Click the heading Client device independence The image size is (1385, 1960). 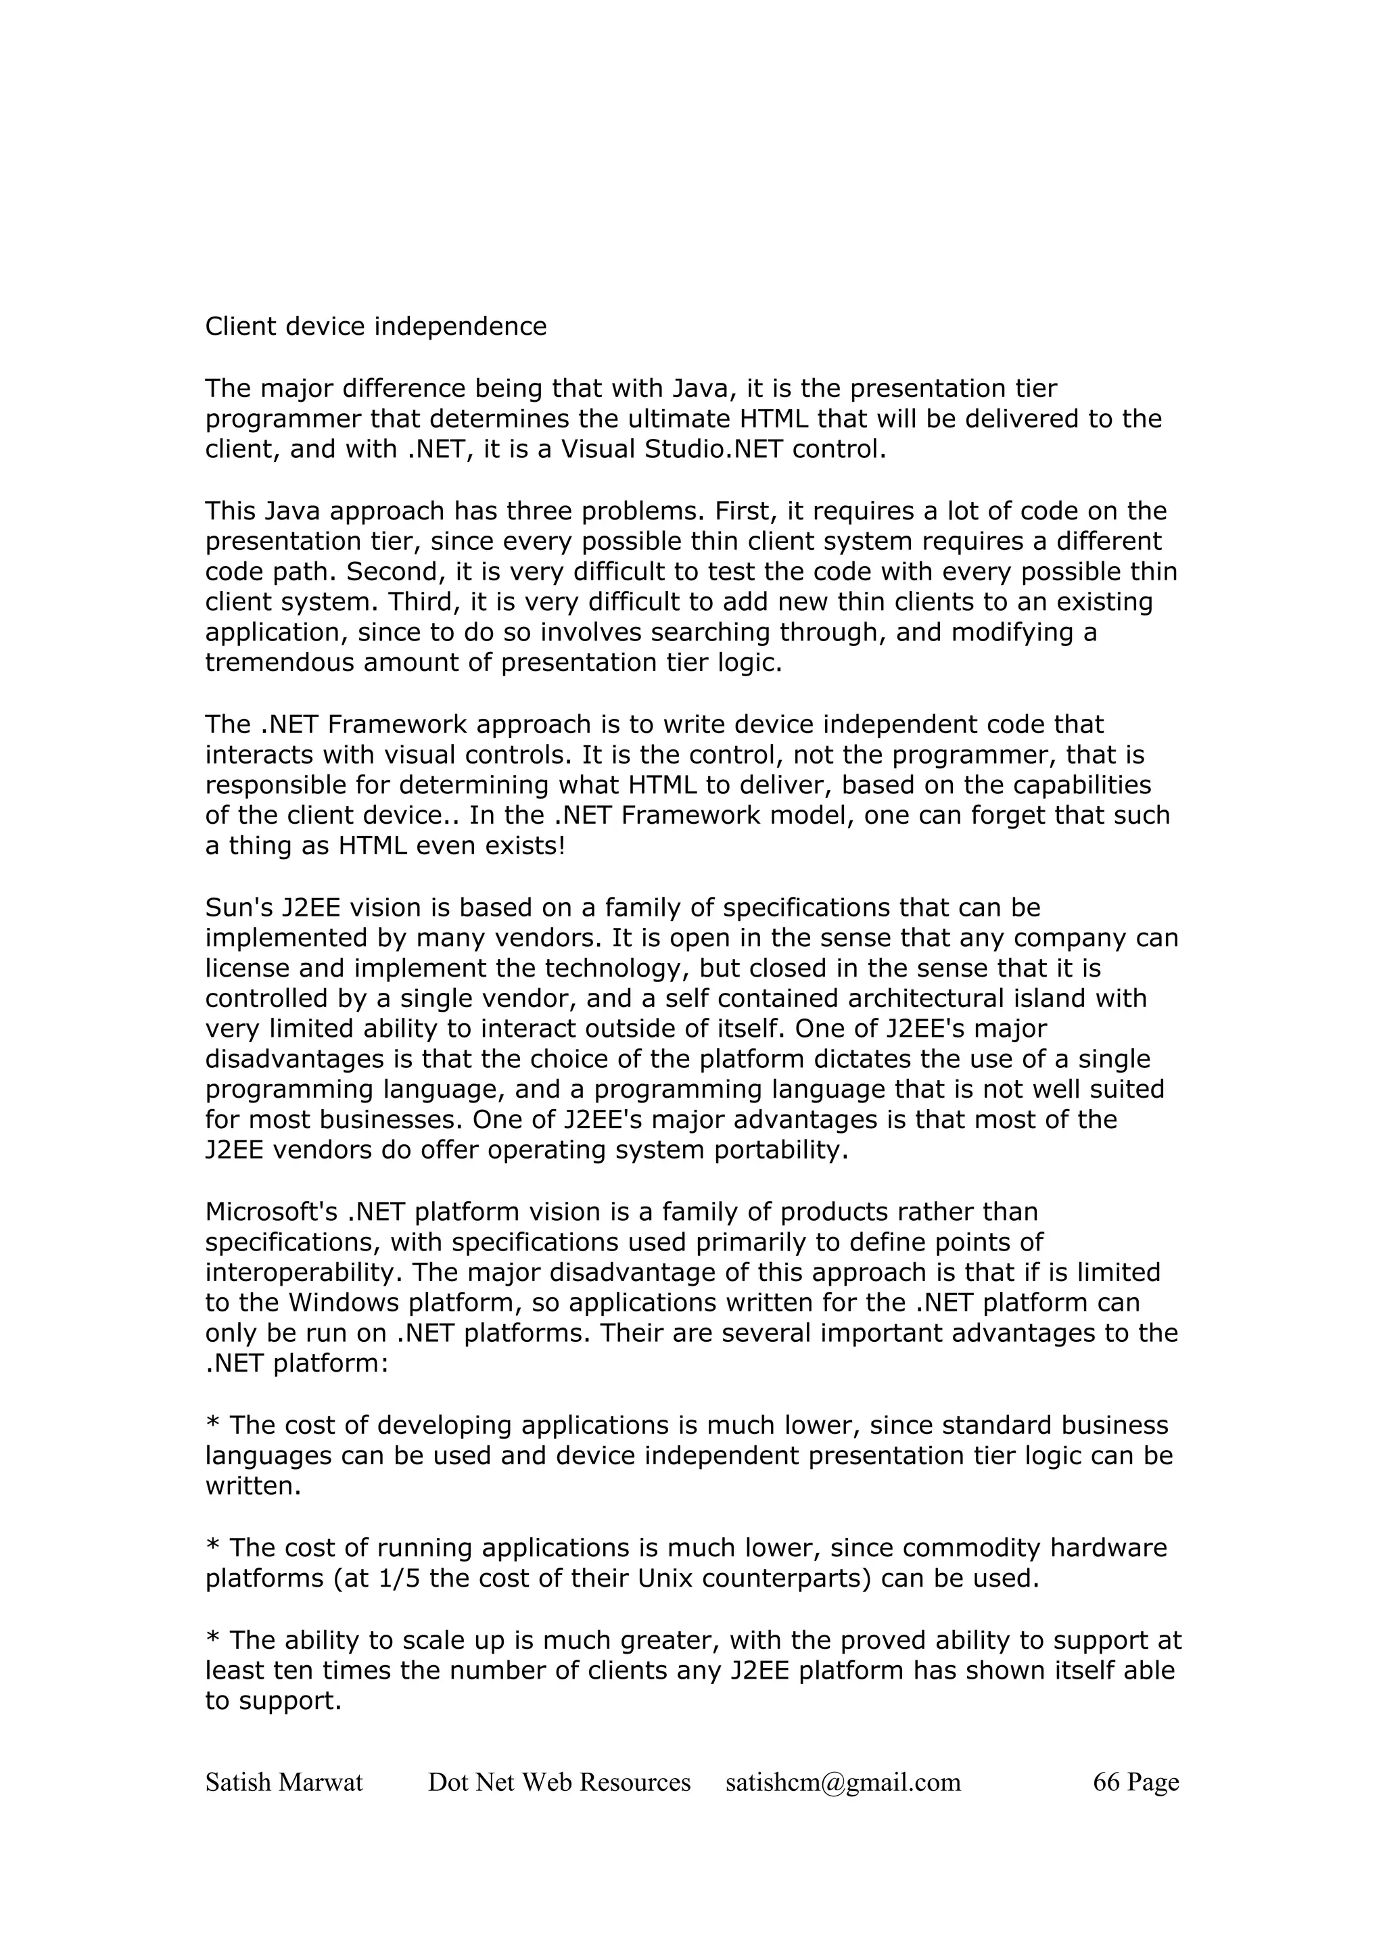click(x=375, y=327)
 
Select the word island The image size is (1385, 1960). click(x=1011, y=999)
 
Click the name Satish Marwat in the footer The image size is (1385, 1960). click(x=284, y=1782)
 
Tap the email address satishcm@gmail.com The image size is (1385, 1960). click(x=843, y=1782)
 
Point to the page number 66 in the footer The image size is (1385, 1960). click(x=1106, y=1782)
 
